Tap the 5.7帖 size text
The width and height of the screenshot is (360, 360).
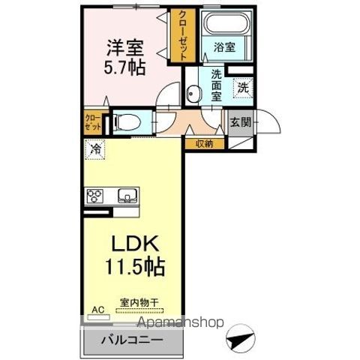point(124,67)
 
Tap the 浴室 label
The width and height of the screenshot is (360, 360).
point(224,46)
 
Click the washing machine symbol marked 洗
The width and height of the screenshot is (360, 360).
point(243,86)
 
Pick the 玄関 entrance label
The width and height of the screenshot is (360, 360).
point(239,122)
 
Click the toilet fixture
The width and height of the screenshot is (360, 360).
point(129,121)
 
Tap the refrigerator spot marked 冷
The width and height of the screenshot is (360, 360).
point(95,149)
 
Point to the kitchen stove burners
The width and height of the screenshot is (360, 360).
point(96,197)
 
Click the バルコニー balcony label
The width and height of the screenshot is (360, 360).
point(132,340)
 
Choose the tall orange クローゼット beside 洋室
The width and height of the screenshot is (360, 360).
point(181,36)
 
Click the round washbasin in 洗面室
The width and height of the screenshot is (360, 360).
point(193,94)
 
